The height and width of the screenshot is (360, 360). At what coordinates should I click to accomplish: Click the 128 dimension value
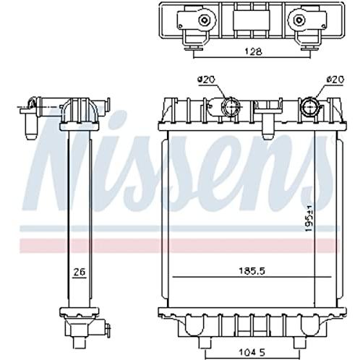[253, 51]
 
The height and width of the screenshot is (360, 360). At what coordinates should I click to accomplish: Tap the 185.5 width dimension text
[252, 271]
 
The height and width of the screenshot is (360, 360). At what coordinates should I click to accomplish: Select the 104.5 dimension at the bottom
[252, 353]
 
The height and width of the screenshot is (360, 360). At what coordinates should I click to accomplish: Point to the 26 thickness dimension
[80, 272]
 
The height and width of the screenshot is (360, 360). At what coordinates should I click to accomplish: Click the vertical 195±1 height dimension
[309, 218]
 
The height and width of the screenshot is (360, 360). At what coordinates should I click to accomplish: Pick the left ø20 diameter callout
[206, 80]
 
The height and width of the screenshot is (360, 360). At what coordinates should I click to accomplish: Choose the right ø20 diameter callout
[335, 80]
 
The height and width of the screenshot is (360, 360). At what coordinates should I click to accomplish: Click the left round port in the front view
[231, 106]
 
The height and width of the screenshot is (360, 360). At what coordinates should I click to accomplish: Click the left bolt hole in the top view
[204, 20]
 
